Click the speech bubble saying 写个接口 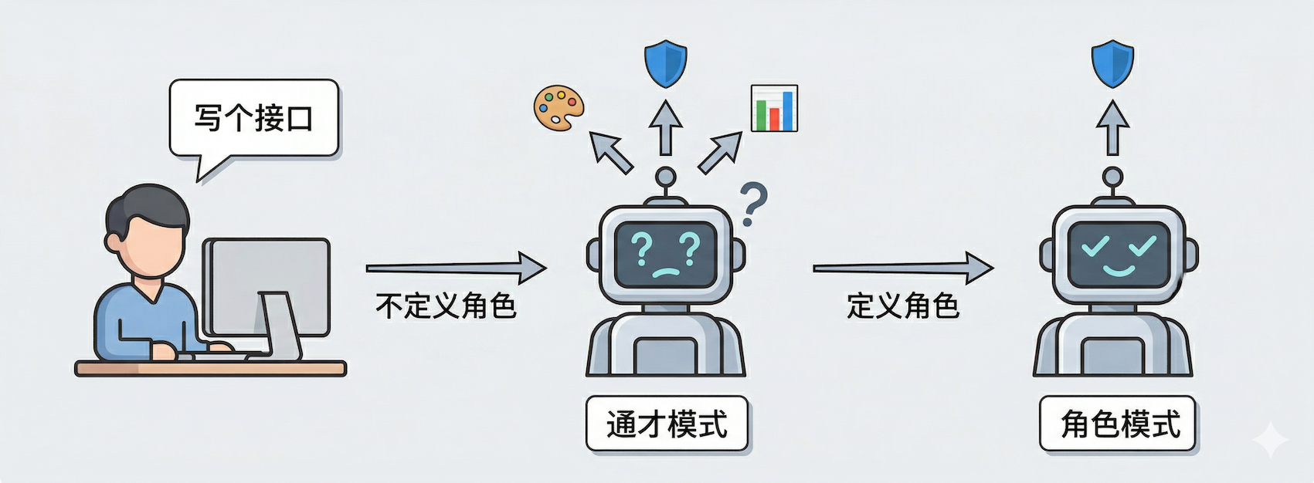tap(253, 119)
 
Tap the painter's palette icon tap(559, 107)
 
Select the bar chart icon tap(774, 108)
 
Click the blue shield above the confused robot tap(665, 64)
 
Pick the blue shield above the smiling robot tap(1112, 64)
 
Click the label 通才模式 tap(667, 424)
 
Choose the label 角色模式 tap(1118, 424)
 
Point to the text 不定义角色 tap(446, 306)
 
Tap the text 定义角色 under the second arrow tap(902, 306)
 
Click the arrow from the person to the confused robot tap(456, 268)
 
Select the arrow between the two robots tap(902, 268)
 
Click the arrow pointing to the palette tap(611, 151)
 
